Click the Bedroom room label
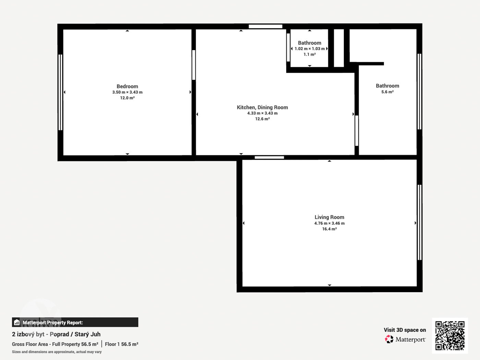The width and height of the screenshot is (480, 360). click(127, 86)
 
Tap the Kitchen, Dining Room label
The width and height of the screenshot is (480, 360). click(262, 107)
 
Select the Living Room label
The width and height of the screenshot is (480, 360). click(329, 217)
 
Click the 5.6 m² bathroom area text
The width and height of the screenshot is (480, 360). click(387, 92)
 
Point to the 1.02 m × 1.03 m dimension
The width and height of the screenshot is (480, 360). click(310, 49)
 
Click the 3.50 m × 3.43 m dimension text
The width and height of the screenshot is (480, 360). click(127, 92)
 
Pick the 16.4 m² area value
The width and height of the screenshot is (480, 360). click(329, 229)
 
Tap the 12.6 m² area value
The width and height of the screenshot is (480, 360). click(262, 119)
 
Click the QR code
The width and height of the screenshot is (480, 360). click(450, 336)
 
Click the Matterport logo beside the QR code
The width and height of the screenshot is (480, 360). click(405, 339)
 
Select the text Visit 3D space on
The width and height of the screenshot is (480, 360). click(405, 330)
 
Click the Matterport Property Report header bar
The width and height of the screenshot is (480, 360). click(75, 322)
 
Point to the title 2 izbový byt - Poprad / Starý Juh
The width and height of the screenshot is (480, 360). click(56, 334)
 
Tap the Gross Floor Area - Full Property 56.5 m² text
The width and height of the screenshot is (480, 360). click(55, 344)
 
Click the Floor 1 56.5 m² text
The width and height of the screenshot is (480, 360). click(122, 344)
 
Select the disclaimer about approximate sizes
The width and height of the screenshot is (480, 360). click(57, 352)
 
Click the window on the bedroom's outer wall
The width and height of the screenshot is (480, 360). click(60, 92)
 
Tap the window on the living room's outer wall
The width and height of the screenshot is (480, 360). click(419, 222)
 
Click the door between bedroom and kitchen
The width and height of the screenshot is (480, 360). click(193, 65)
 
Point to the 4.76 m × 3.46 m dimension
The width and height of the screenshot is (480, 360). click(329, 223)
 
